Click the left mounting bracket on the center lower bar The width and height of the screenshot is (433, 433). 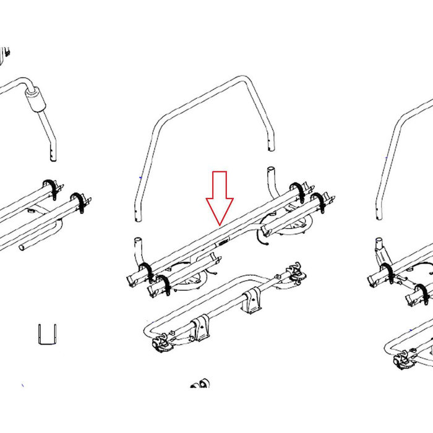point(200,328)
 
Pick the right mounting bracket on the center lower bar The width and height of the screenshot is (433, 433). point(251,302)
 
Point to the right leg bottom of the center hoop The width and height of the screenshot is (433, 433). point(269,146)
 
